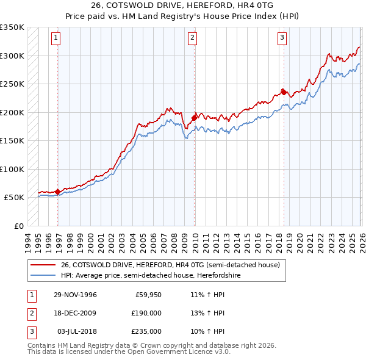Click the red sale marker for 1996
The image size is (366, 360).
pyautogui.click(x=58, y=192)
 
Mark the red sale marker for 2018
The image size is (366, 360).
pyautogui.click(x=284, y=92)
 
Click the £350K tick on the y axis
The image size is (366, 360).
pyautogui.click(x=12, y=27)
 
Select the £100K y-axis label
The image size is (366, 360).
pyautogui.click(x=12, y=169)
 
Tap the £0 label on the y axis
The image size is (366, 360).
pyautogui.click(x=18, y=226)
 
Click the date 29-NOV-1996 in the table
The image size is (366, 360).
pyautogui.click(x=75, y=295)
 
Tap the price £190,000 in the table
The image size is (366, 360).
pyautogui.click(x=146, y=313)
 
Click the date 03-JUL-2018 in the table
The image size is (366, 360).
pyautogui.click(x=76, y=331)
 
